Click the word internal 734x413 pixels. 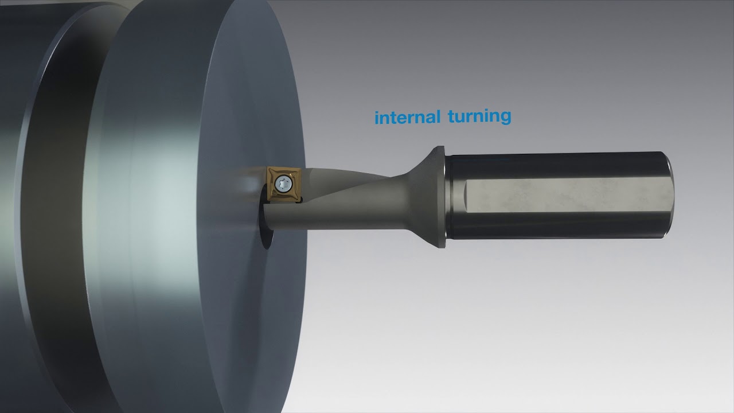[407, 118]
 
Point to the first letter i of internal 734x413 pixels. [377, 118]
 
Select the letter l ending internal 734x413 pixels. [438, 116]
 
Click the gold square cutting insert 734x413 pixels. [284, 184]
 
